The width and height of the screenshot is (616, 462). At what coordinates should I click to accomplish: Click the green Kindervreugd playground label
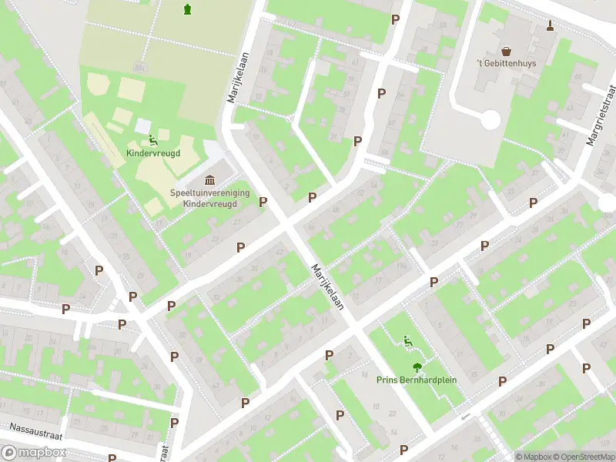tap(153, 153)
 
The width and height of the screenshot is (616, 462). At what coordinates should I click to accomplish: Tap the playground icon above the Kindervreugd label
tap(153, 139)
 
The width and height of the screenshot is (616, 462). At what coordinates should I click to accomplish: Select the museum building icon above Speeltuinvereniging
tap(210, 179)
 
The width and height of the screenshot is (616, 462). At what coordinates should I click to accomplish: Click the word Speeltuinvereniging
tap(204, 193)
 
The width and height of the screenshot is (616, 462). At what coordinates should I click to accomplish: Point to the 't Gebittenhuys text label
tap(506, 63)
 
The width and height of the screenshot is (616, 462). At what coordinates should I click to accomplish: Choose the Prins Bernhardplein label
tap(417, 380)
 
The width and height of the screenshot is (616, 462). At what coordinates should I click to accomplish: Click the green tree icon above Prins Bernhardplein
tap(417, 367)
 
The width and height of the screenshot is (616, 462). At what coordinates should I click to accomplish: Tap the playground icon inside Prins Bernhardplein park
tap(408, 341)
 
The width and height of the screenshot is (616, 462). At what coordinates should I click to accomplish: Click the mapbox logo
tap(32, 453)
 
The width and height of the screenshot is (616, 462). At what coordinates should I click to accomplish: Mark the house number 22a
tap(139, 68)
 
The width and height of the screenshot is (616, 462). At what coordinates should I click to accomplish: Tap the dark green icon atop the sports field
tap(187, 9)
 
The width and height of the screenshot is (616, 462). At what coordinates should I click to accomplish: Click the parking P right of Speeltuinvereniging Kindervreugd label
tap(263, 202)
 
